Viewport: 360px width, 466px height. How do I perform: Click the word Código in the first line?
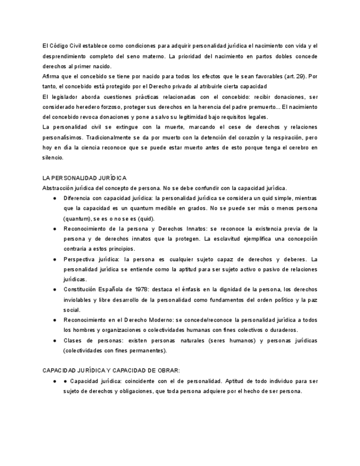point(59,46)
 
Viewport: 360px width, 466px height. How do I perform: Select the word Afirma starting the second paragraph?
point(51,76)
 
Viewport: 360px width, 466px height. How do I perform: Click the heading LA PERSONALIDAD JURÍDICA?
point(84,178)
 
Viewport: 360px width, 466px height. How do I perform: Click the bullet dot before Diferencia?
point(55,198)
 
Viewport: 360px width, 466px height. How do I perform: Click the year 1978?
point(137,290)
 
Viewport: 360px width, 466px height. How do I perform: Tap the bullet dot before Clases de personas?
point(55,341)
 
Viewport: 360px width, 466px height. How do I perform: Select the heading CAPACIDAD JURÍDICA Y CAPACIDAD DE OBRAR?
point(110,371)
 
